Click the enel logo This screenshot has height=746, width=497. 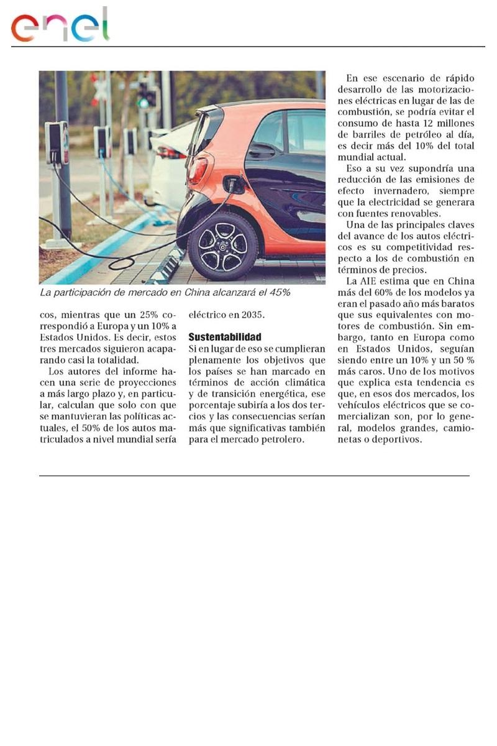coord(60,26)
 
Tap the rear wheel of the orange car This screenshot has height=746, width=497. coord(222,246)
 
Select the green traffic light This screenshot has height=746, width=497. coord(143,102)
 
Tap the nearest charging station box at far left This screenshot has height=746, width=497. coord(57,144)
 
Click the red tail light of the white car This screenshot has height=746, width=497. coord(167,152)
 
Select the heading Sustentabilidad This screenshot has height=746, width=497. coord(224,337)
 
